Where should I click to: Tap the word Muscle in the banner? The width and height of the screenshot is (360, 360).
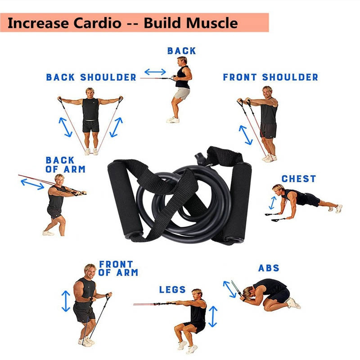(x=212, y=23)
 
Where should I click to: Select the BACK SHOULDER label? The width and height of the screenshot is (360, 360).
(x=91, y=77)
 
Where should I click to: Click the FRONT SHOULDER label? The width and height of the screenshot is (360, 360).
(x=270, y=77)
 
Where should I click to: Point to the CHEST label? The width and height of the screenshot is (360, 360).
(x=298, y=179)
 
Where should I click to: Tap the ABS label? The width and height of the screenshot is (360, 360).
(x=269, y=268)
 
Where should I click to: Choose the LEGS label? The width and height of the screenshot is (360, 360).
(x=172, y=289)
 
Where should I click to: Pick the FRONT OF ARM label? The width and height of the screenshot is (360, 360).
(x=118, y=268)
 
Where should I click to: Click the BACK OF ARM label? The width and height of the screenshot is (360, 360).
(x=65, y=165)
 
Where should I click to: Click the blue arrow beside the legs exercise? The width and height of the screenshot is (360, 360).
(x=213, y=316)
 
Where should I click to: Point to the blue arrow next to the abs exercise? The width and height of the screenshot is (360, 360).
(x=229, y=289)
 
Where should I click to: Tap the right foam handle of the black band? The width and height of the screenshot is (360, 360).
(x=237, y=203)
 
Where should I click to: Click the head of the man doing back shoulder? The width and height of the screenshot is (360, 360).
(x=90, y=92)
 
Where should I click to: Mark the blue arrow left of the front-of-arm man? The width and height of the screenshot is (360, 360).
(x=66, y=301)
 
